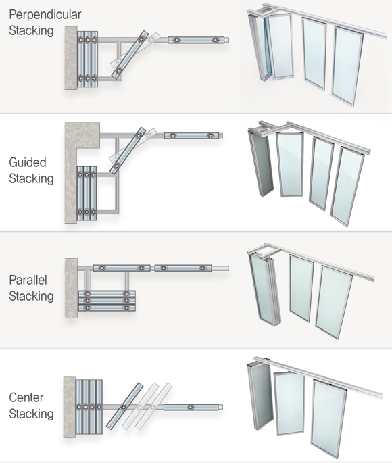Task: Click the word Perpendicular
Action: point(45,14)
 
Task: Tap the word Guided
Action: point(28,162)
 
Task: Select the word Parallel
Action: point(28,280)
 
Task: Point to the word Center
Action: point(26,397)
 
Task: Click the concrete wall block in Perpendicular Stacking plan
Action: point(71,57)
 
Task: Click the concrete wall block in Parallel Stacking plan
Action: point(71,288)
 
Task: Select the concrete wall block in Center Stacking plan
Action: point(70,407)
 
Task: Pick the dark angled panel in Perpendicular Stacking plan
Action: point(130,55)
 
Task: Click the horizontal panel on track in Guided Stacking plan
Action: point(191,136)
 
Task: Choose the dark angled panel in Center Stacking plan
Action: point(124,406)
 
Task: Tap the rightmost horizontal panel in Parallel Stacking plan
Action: point(183,268)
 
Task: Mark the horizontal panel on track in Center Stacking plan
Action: point(191,407)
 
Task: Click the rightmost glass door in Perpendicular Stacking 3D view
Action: point(347,66)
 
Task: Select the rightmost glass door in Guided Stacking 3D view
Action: point(347,187)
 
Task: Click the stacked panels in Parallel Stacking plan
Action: point(107,301)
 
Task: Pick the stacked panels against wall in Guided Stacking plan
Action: point(87,193)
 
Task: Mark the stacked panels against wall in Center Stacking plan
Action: point(89,407)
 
